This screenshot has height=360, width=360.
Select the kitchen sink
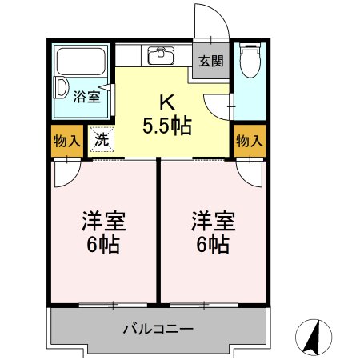click(x=161, y=55)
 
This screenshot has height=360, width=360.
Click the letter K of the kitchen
click(x=166, y=103)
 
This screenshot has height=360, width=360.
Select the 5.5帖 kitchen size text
click(x=166, y=126)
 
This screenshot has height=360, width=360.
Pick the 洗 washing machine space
click(x=102, y=139)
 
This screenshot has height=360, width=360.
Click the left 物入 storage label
click(x=66, y=141)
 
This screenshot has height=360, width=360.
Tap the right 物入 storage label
click(x=249, y=141)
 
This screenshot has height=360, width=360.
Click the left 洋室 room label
click(x=104, y=219)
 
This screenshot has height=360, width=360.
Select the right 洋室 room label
click(x=211, y=219)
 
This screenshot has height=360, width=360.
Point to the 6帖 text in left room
click(x=104, y=244)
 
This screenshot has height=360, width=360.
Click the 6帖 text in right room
click(x=211, y=244)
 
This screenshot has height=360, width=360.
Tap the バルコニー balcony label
click(x=158, y=328)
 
